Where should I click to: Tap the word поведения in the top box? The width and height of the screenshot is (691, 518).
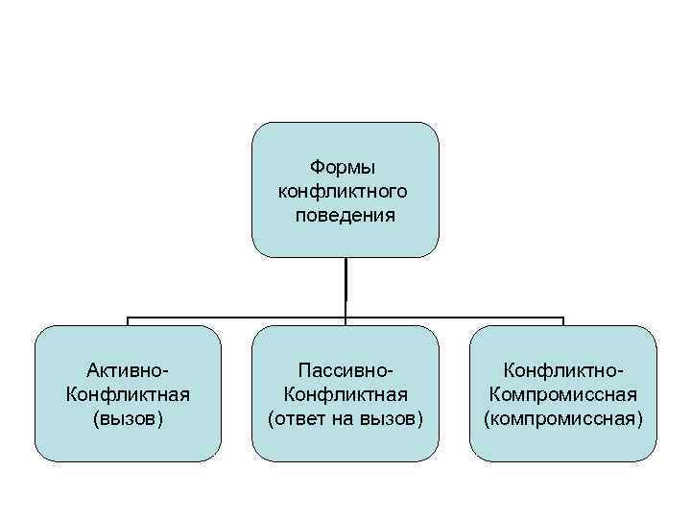[345, 214]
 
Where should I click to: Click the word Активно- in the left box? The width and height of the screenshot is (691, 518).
[128, 370]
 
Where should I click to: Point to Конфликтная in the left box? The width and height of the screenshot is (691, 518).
[128, 394]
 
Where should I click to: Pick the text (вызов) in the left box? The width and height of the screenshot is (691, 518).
[128, 418]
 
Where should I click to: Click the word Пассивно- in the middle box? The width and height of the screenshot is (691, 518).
[345, 370]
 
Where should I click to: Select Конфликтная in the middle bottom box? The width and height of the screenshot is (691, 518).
[345, 394]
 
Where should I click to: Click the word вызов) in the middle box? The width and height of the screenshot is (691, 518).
[394, 418]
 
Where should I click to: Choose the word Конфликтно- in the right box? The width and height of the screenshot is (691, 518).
[563, 370]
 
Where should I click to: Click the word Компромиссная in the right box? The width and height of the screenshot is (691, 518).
[563, 394]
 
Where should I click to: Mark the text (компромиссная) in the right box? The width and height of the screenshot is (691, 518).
[563, 418]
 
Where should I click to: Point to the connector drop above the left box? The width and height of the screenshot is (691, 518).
[128, 321]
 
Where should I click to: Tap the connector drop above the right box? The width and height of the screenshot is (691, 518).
[563, 321]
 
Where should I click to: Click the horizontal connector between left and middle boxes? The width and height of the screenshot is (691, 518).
[236, 317]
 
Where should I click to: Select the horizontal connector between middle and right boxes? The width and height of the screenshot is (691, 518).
[455, 317]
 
